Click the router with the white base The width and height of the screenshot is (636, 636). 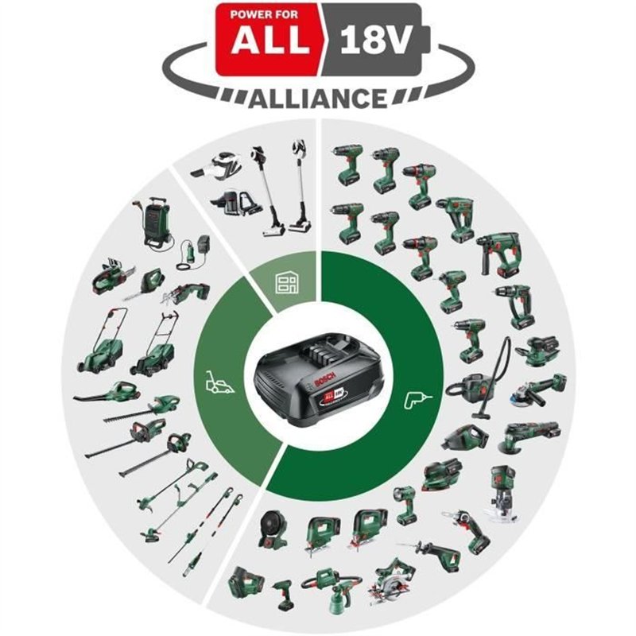[504, 494]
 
